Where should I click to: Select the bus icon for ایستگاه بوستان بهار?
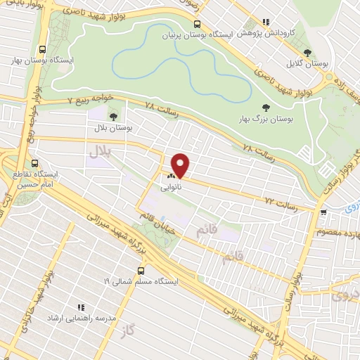coord(43,49)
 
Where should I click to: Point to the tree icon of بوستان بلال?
coord(112,117)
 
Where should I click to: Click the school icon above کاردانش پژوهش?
coord(264,22)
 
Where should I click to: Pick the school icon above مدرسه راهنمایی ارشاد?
coord(81,307)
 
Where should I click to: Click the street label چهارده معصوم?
coord(339,233)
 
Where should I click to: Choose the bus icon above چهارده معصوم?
coord(323,212)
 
